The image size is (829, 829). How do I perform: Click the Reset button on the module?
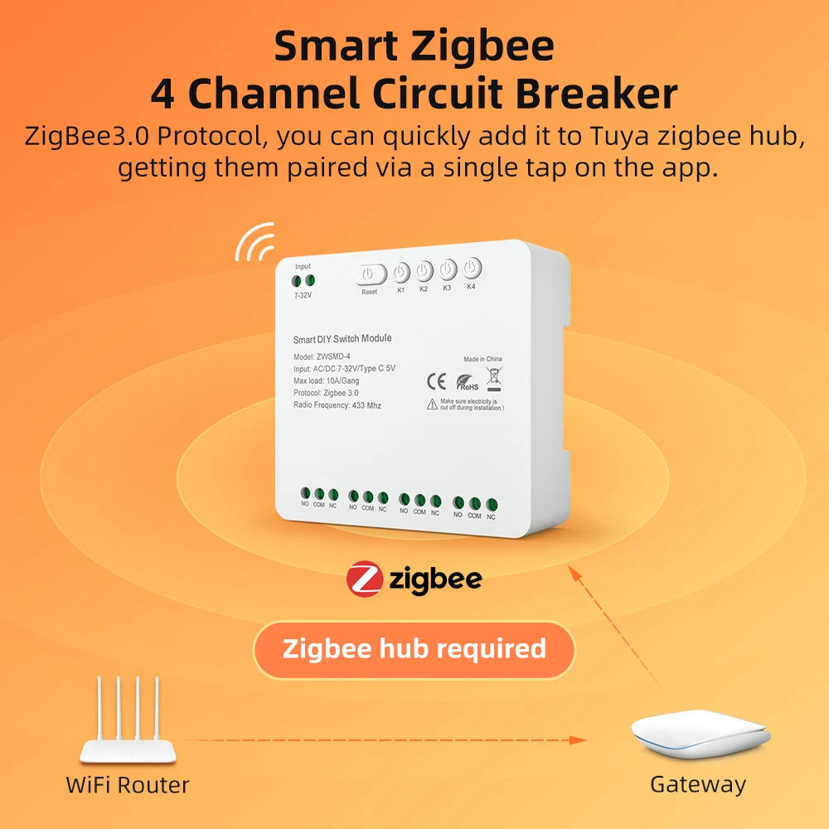coord(371,274)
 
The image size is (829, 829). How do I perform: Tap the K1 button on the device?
coord(401,273)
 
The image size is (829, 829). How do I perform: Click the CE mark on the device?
coord(436,381)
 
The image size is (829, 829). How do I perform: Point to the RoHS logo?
coord(467,382)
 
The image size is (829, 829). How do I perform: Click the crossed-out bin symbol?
coord(494,378)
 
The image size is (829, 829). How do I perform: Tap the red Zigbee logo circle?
coord(364,579)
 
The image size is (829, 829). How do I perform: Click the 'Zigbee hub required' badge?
coord(414,649)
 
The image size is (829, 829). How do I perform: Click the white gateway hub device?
coord(700,734)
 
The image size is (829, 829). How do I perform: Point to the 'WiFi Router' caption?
coord(128,784)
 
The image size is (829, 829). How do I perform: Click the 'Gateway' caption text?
coord(698,784)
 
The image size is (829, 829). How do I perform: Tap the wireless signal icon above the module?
coord(255,242)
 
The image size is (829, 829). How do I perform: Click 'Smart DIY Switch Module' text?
coord(342,338)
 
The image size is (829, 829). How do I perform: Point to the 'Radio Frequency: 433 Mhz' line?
coord(337,405)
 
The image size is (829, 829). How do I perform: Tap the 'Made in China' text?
coord(482,360)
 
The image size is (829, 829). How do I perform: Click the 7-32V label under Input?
coord(303,295)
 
